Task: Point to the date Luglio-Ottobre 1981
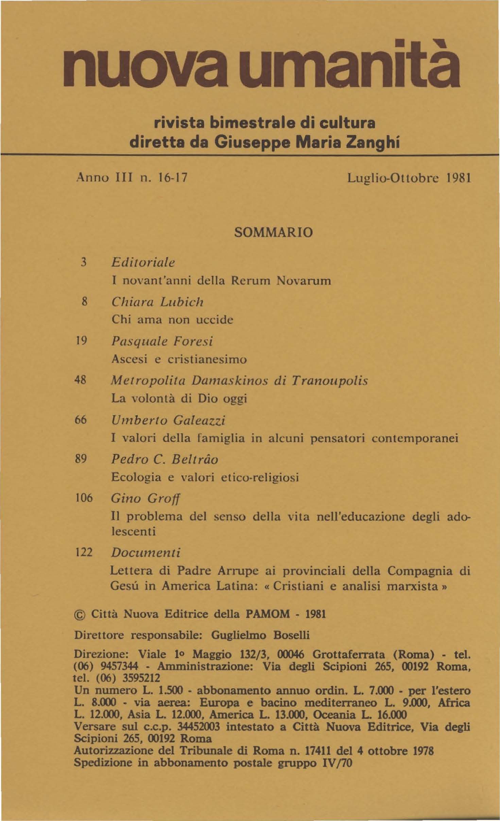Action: tap(409, 178)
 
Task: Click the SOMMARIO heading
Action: tap(273, 233)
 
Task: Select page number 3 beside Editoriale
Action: tap(84, 262)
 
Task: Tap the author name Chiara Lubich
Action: tap(157, 302)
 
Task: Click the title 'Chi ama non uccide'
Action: tap(172, 320)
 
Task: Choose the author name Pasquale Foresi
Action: tap(162, 341)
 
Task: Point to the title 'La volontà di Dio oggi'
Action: tap(179, 399)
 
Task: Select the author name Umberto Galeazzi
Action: tap(168, 421)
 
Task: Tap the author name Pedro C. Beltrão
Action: tap(165, 459)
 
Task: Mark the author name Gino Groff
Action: tap(145, 499)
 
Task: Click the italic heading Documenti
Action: tap(145, 552)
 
